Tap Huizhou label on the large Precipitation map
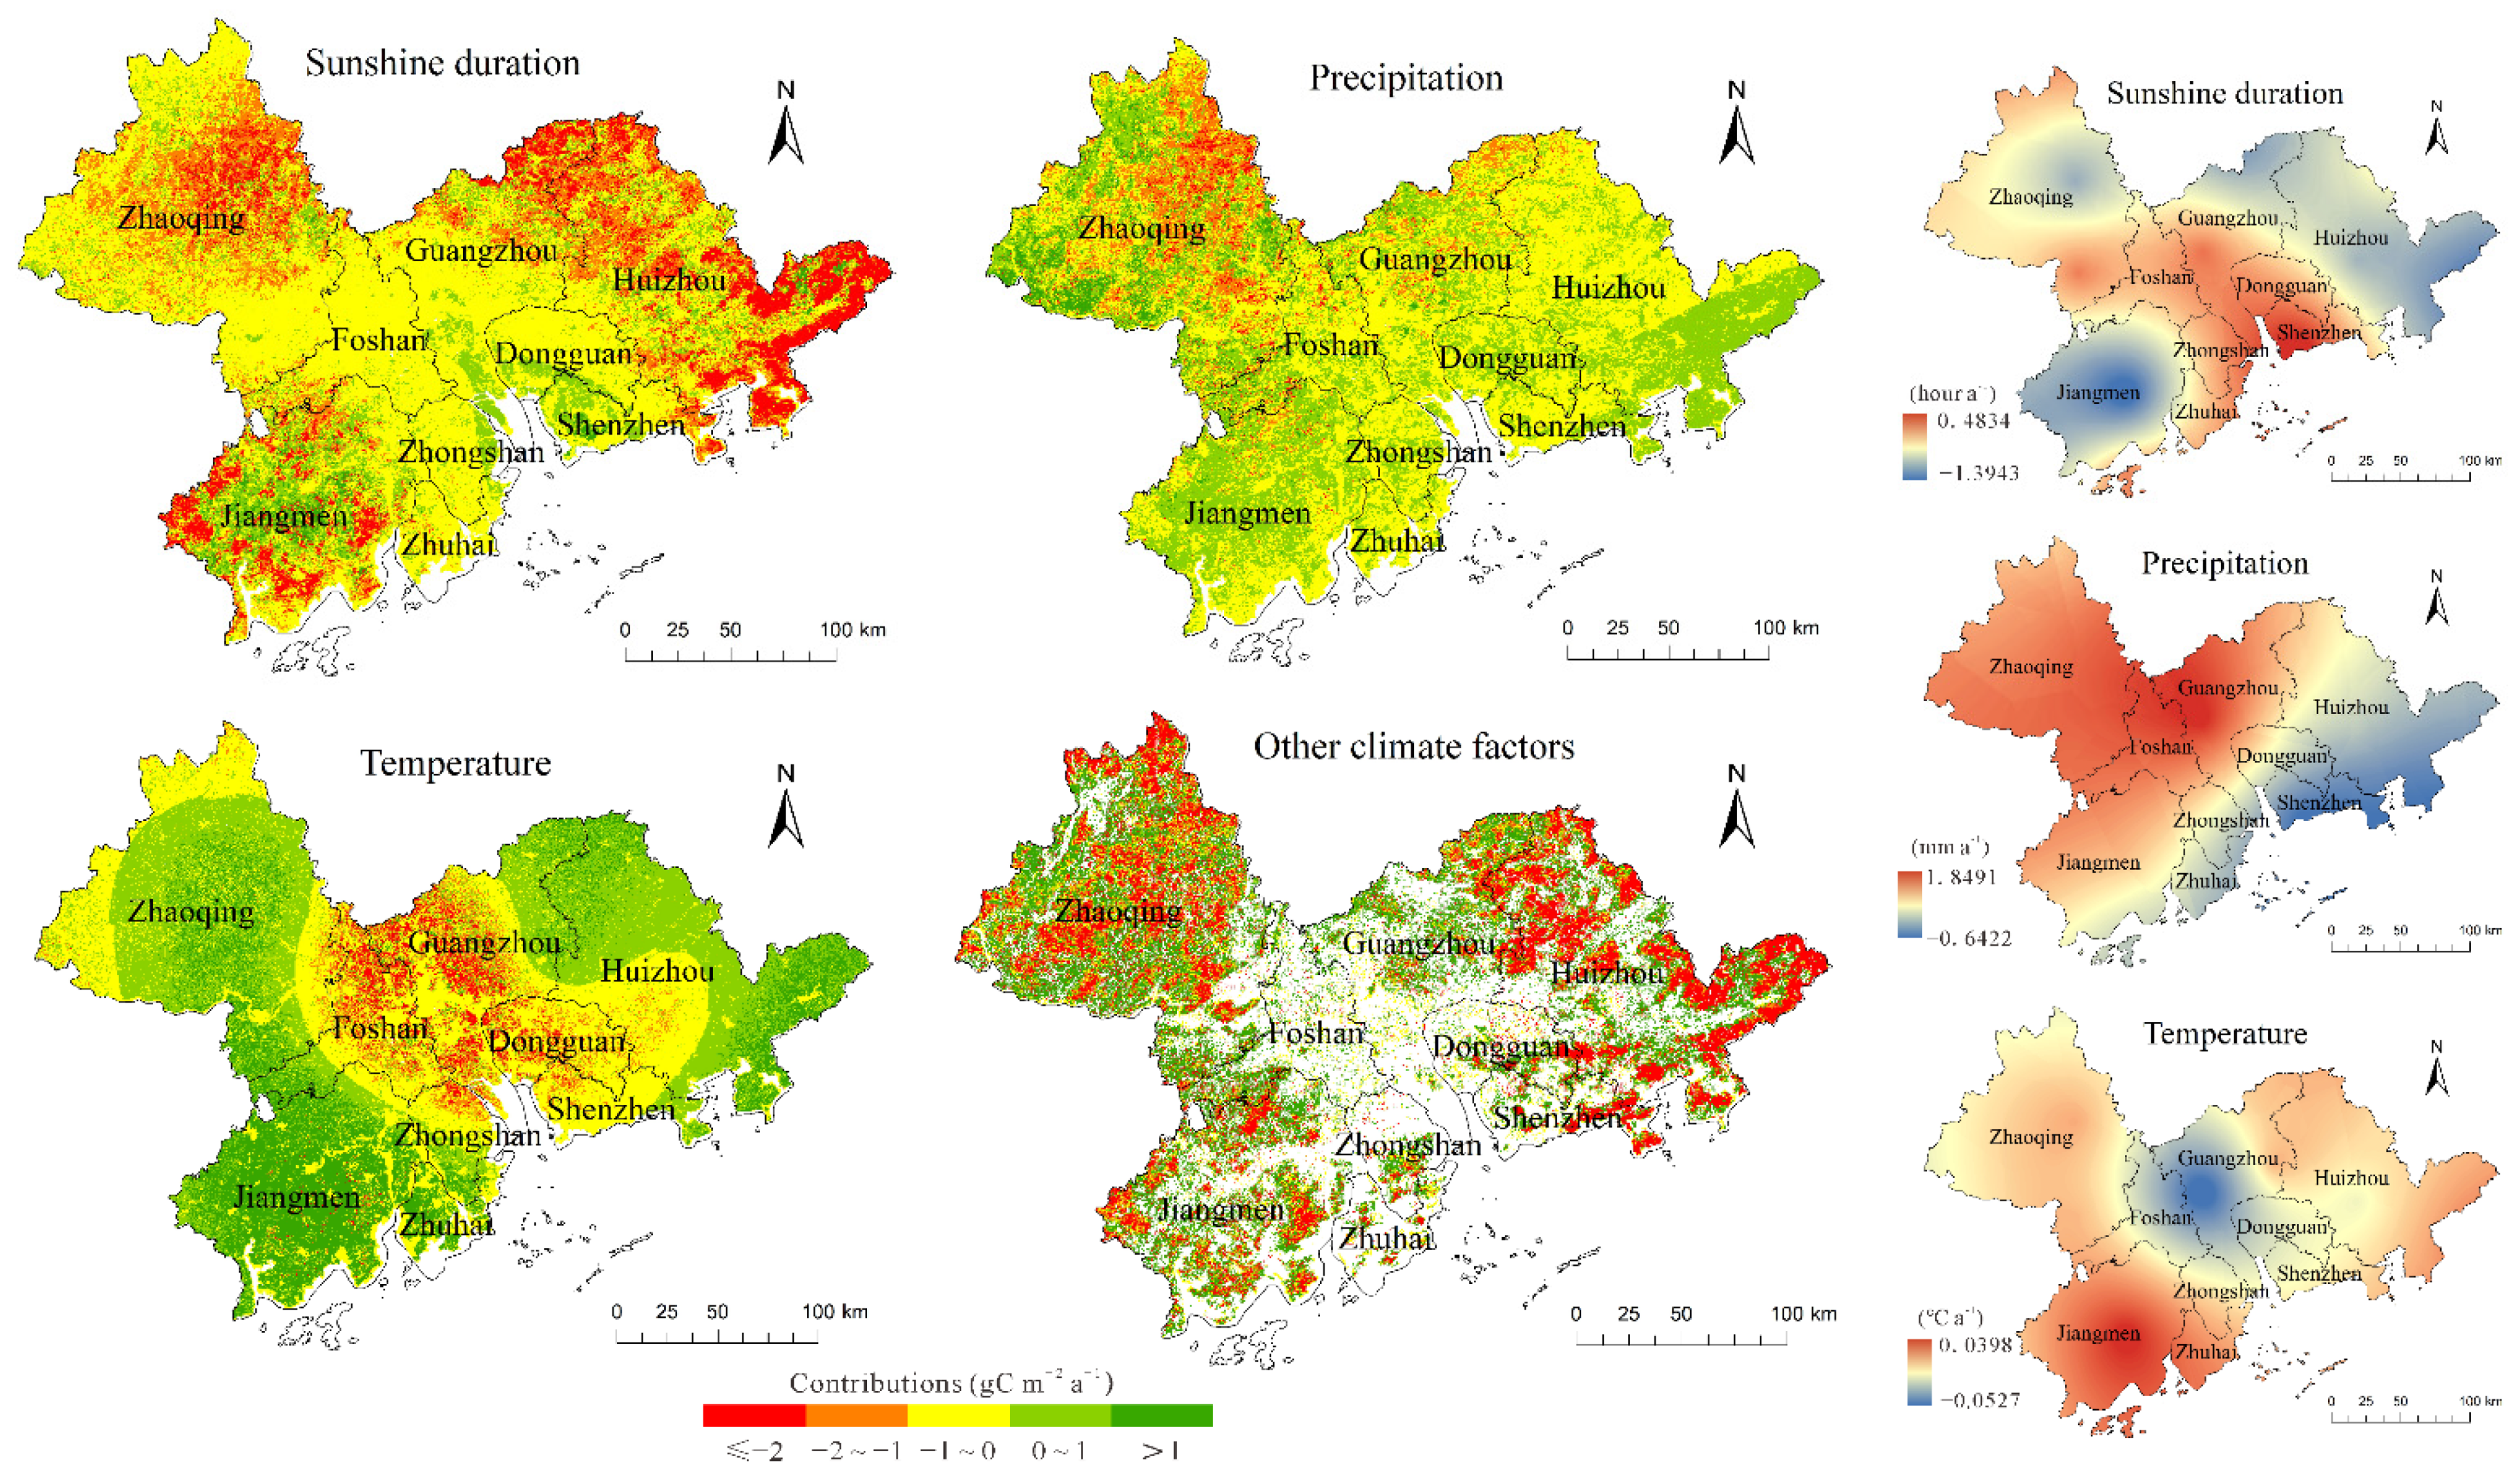1608,289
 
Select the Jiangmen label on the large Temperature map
296,1196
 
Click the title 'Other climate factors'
1413,747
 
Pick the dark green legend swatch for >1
1161,1415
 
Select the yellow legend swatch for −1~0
958,1415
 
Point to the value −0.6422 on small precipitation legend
1974,938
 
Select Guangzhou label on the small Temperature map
2227,1158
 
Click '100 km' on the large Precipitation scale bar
1786,628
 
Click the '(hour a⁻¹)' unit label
1951,393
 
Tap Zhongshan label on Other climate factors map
1408,1145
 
